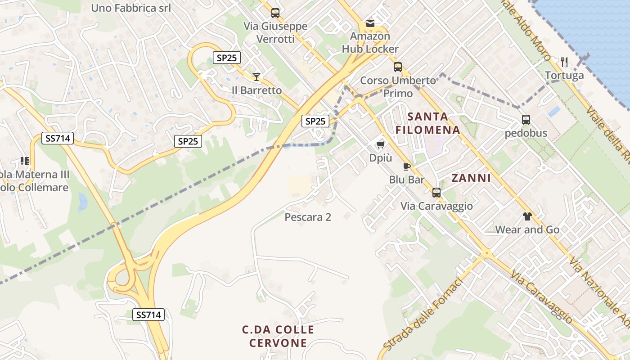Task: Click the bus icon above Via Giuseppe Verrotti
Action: click(275, 13)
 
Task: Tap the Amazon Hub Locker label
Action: click(370, 42)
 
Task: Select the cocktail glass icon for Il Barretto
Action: click(256, 77)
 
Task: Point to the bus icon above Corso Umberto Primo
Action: click(398, 67)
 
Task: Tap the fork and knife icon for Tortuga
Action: click(564, 62)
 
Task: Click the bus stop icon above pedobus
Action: click(526, 120)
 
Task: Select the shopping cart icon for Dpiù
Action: click(381, 144)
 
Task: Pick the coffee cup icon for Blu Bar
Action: click(407, 167)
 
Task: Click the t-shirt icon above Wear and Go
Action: click(527, 216)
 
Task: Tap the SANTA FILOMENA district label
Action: click(427, 123)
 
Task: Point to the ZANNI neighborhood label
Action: click(471, 178)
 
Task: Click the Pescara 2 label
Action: click(308, 217)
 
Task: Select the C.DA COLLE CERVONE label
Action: click(278, 336)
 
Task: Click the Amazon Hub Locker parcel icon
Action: click(370, 23)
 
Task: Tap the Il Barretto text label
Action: click(256, 90)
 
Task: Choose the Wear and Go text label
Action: click(527, 230)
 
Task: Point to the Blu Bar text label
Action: click(407, 180)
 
